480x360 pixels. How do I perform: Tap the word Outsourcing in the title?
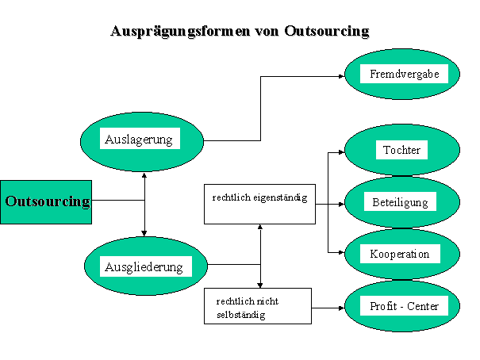pyautogui.click(x=326, y=32)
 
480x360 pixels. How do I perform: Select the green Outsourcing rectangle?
pyautogui.click(x=46, y=201)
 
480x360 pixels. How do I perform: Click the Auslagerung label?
pyautogui.click(x=140, y=140)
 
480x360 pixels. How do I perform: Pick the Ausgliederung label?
pyautogui.click(x=144, y=266)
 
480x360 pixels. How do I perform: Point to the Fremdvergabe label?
pyautogui.click(x=404, y=75)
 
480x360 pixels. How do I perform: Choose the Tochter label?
pyautogui.click(x=401, y=150)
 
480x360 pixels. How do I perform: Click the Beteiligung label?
pyautogui.click(x=400, y=202)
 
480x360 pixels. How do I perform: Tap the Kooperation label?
pyautogui.click(x=400, y=254)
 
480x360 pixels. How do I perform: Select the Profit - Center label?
pyautogui.click(x=404, y=306)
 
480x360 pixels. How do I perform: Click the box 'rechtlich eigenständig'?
pyautogui.click(x=259, y=201)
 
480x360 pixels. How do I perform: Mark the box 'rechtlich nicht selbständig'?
pyautogui.click(x=258, y=305)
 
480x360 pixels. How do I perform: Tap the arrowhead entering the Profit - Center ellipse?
pyautogui.click(x=340, y=306)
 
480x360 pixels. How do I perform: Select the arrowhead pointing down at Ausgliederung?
pyautogui.click(x=144, y=233)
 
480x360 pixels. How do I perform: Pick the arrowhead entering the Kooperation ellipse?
pyautogui.click(x=340, y=254)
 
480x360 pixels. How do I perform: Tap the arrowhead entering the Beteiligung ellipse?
pyautogui.click(x=340, y=203)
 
